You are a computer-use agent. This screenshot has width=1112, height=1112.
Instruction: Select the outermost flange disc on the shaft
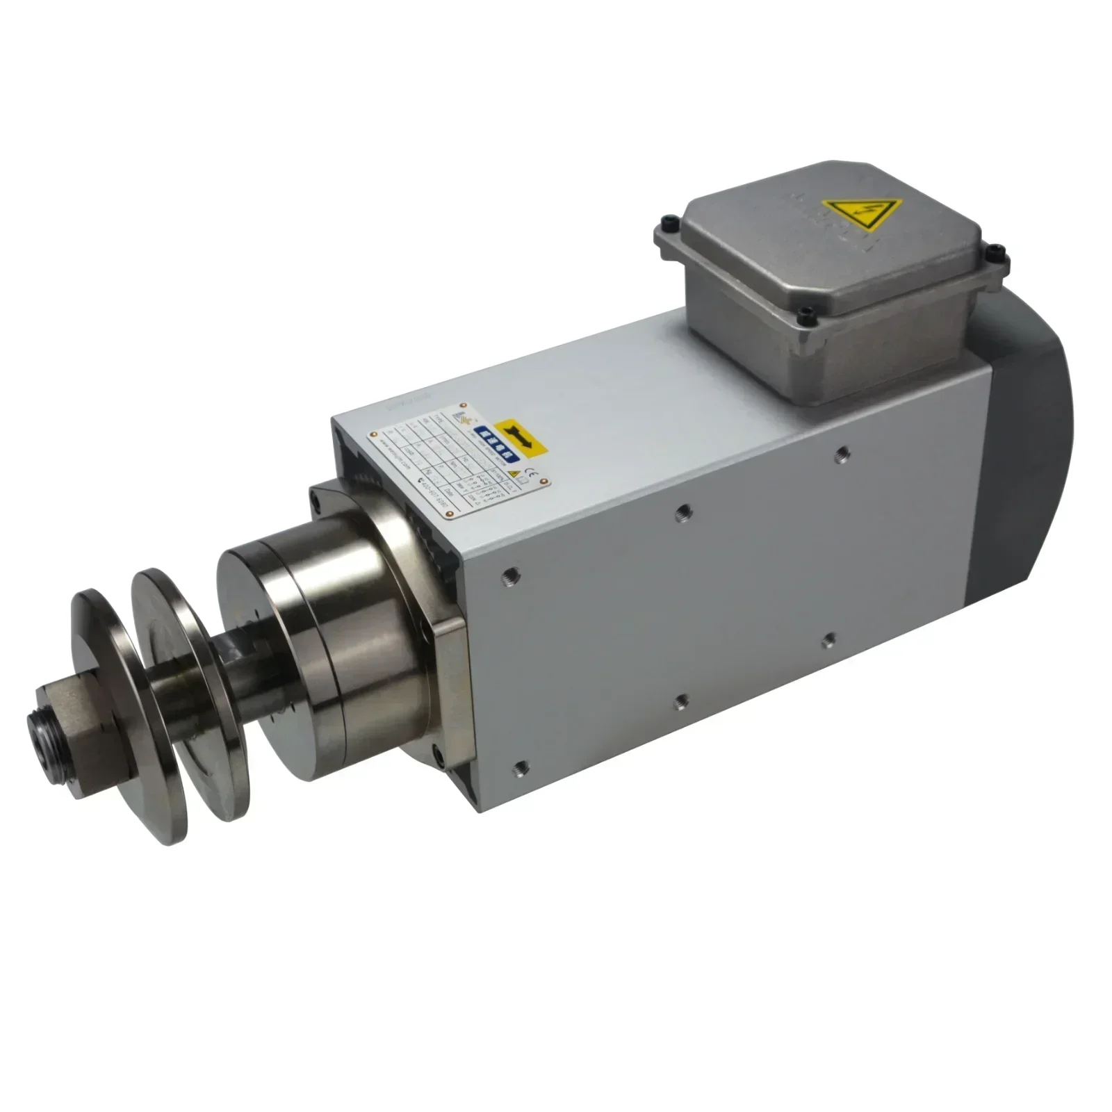coord(104,716)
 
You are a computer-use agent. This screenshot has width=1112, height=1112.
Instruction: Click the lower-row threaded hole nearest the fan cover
coord(828,639)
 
